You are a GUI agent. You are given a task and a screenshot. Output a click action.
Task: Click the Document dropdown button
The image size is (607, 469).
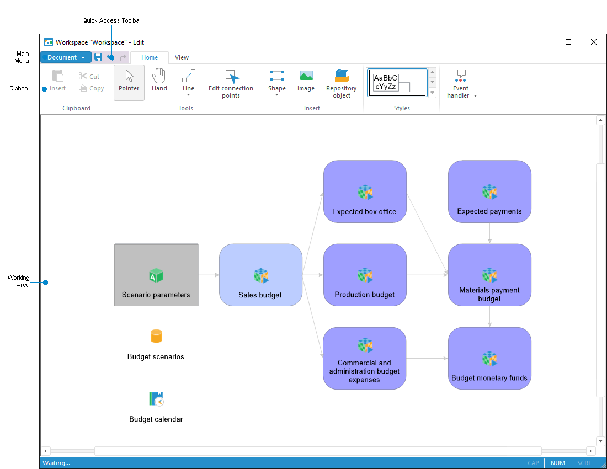pyautogui.click(x=65, y=57)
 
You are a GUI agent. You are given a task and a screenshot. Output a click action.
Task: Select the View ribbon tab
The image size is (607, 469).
pyautogui.click(x=182, y=57)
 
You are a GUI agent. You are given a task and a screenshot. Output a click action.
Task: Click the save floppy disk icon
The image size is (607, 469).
pyautogui.click(x=98, y=57)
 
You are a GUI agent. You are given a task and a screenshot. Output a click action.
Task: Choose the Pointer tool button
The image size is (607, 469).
pyautogui.click(x=129, y=82)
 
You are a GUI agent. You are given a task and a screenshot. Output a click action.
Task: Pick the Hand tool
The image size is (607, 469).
pyautogui.click(x=159, y=81)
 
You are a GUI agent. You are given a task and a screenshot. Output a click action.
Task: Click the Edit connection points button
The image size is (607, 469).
pyautogui.click(x=231, y=84)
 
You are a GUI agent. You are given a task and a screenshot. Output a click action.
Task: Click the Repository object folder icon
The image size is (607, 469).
pyautogui.click(x=342, y=76)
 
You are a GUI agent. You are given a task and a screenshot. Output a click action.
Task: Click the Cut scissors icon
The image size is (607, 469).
pyautogui.click(x=83, y=77)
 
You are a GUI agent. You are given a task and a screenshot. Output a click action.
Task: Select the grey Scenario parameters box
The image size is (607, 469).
pyautogui.click(x=156, y=275)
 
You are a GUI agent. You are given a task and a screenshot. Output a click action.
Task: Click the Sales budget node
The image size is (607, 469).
pyautogui.click(x=260, y=275)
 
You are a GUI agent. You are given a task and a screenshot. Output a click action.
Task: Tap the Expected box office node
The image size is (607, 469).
pyautogui.click(x=365, y=191)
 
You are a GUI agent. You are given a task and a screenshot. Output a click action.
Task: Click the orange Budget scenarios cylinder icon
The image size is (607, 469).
pyautogui.click(x=156, y=336)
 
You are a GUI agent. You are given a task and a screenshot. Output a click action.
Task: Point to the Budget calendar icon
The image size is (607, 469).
pyautogui.click(x=156, y=398)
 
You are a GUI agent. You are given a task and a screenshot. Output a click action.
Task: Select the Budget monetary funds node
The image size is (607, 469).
pyautogui.click(x=489, y=358)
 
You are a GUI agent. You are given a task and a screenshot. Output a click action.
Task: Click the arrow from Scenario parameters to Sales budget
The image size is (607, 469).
pyautogui.click(x=209, y=275)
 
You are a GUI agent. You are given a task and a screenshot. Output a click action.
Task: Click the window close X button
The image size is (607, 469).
pyautogui.click(x=594, y=42)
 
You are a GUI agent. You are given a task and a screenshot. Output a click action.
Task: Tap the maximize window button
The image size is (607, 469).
pyautogui.click(x=568, y=42)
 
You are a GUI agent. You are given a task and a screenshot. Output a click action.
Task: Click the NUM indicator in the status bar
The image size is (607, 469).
pyautogui.click(x=558, y=463)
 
